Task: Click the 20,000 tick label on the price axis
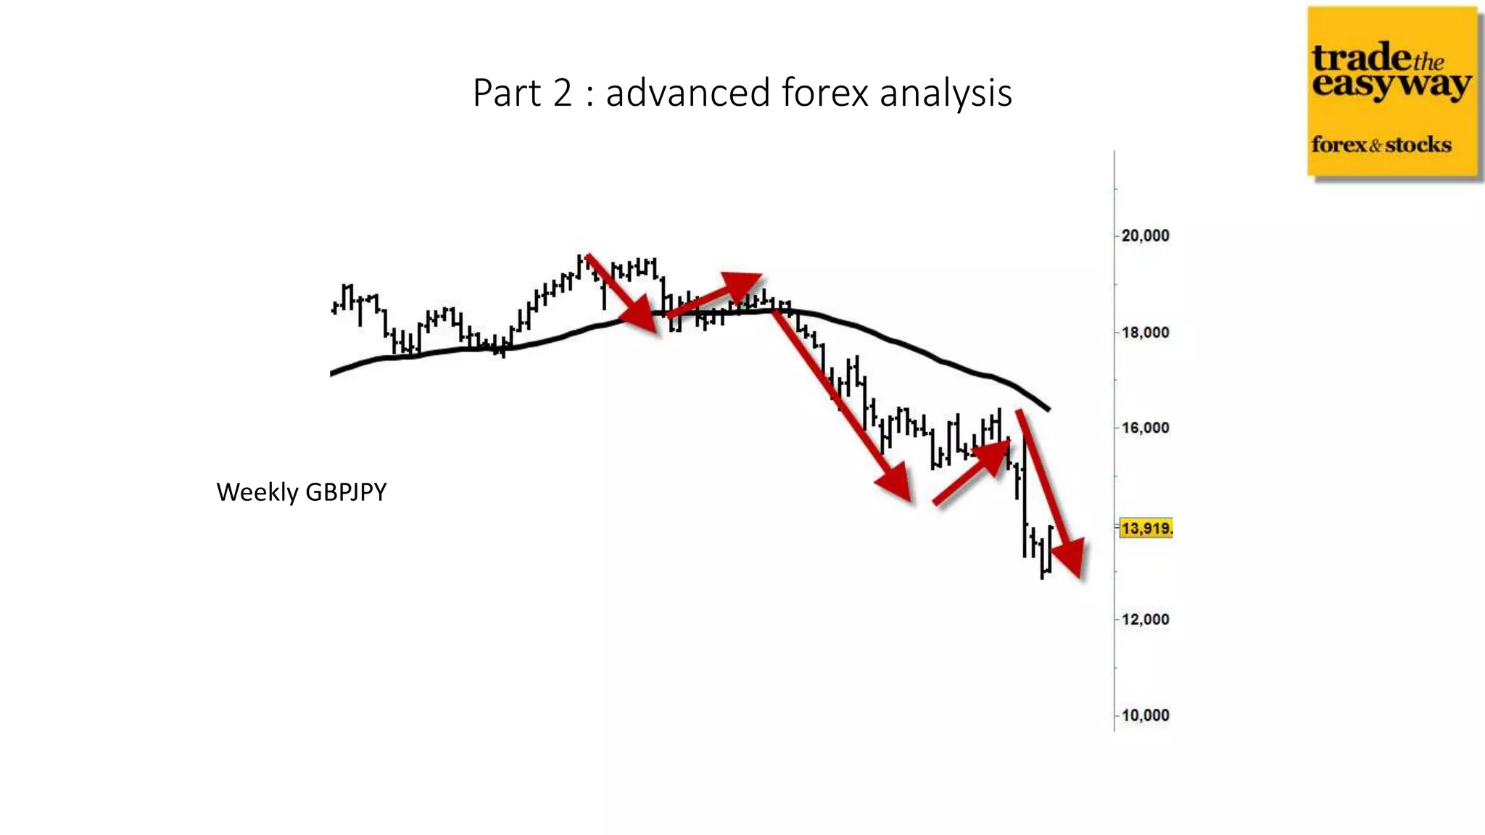(1145, 236)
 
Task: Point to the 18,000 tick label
(1145, 333)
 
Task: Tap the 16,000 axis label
(1145, 428)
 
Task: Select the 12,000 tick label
(1145, 619)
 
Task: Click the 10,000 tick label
(1145, 715)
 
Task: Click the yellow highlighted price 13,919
(1146, 528)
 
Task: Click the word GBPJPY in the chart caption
(346, 492)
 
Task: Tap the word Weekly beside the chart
(257, 492)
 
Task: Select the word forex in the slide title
(824, 93)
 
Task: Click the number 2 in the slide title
(563, 93)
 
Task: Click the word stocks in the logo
(1418, 145)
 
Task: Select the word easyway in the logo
(1391, 85)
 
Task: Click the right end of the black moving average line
(1048, 409)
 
